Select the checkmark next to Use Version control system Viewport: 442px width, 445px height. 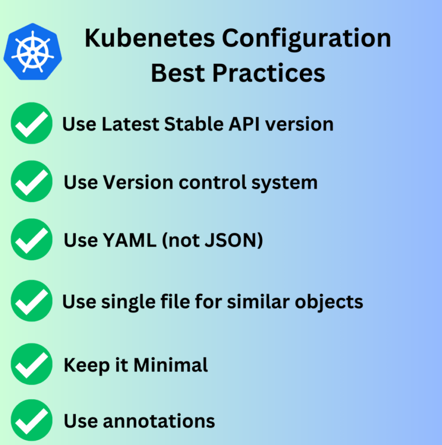pos(31,181)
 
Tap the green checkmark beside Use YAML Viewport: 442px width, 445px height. pos(31,240)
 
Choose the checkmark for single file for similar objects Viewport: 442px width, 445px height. pos(31,301)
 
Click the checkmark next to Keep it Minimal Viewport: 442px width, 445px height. pos(31,364)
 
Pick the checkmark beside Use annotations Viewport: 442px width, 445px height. pos(31,420)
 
